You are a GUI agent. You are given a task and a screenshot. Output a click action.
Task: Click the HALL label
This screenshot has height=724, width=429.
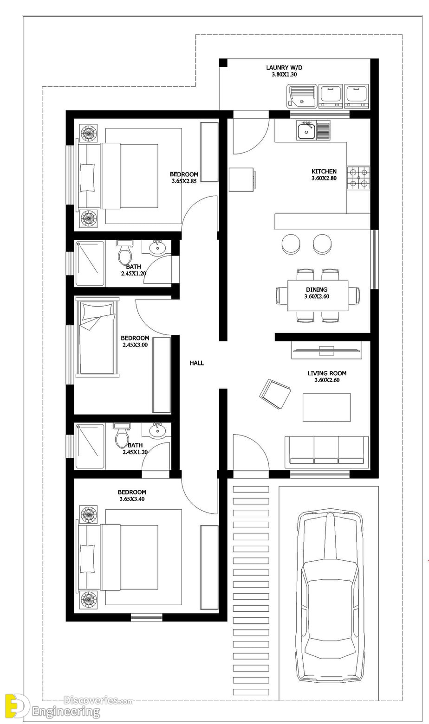coord(197,363)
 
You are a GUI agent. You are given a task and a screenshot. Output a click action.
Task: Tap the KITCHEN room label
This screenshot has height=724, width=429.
coord(324,171)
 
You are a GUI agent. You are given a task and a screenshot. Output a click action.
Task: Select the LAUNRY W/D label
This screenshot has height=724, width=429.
coord(284,68)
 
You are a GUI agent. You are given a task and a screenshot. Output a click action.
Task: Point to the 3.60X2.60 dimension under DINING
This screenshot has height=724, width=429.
coord(317,296)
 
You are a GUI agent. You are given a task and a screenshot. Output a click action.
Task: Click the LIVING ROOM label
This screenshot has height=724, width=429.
coord(327,373)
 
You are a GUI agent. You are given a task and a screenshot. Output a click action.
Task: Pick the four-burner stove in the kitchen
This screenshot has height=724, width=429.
coord(358,178)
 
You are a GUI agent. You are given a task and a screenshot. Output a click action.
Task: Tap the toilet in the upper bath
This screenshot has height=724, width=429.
coord(124,252)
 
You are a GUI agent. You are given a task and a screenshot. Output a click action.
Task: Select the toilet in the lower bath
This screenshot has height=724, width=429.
coord(122,436)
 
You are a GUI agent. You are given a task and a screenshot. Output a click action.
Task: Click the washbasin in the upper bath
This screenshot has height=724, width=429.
coord(157,247)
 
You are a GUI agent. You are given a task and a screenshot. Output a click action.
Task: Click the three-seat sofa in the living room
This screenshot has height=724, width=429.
coord(326,452)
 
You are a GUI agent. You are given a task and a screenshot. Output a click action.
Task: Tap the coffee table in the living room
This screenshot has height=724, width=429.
coord(327,407)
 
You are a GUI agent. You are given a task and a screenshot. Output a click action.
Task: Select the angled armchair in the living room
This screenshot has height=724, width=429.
coord(275,394)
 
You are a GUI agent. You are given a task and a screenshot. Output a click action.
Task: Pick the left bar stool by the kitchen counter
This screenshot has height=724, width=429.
coord(291,243)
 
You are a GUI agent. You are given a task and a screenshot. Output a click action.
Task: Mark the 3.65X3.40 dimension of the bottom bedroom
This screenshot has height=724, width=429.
coord(132,499)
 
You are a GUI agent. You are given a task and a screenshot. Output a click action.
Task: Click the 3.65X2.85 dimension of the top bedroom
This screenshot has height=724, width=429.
coord(184,181)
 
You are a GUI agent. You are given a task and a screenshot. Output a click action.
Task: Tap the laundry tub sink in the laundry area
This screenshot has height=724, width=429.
coord(301,96)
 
